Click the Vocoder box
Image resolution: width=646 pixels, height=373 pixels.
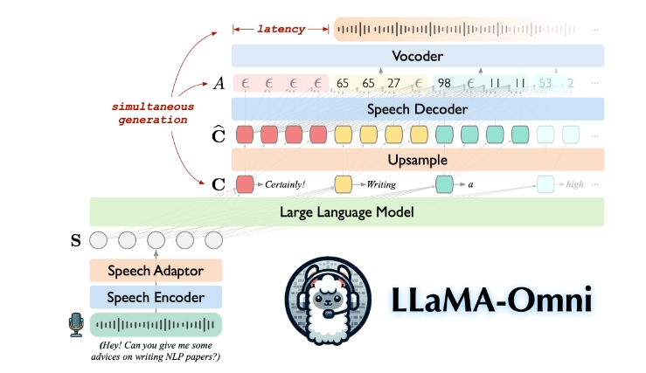point(418,56)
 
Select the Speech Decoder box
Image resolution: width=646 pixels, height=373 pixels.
point(418,109)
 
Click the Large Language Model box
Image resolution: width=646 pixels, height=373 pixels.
point(347,211)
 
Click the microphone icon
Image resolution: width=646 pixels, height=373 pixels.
point(76,325)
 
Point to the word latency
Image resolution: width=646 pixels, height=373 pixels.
point(281,29)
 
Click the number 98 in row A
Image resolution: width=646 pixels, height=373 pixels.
point(444,84)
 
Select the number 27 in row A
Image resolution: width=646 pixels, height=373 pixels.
point(393,84)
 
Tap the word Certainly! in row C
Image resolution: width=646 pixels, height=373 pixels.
point(286,184)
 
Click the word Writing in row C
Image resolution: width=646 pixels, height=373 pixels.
point(381,184)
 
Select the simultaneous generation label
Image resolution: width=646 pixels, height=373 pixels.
point(151,112)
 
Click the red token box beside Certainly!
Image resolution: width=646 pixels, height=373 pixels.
point(246,184)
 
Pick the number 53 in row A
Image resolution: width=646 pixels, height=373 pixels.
point(545,84)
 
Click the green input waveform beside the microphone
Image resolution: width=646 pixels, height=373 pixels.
point(156,325)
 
